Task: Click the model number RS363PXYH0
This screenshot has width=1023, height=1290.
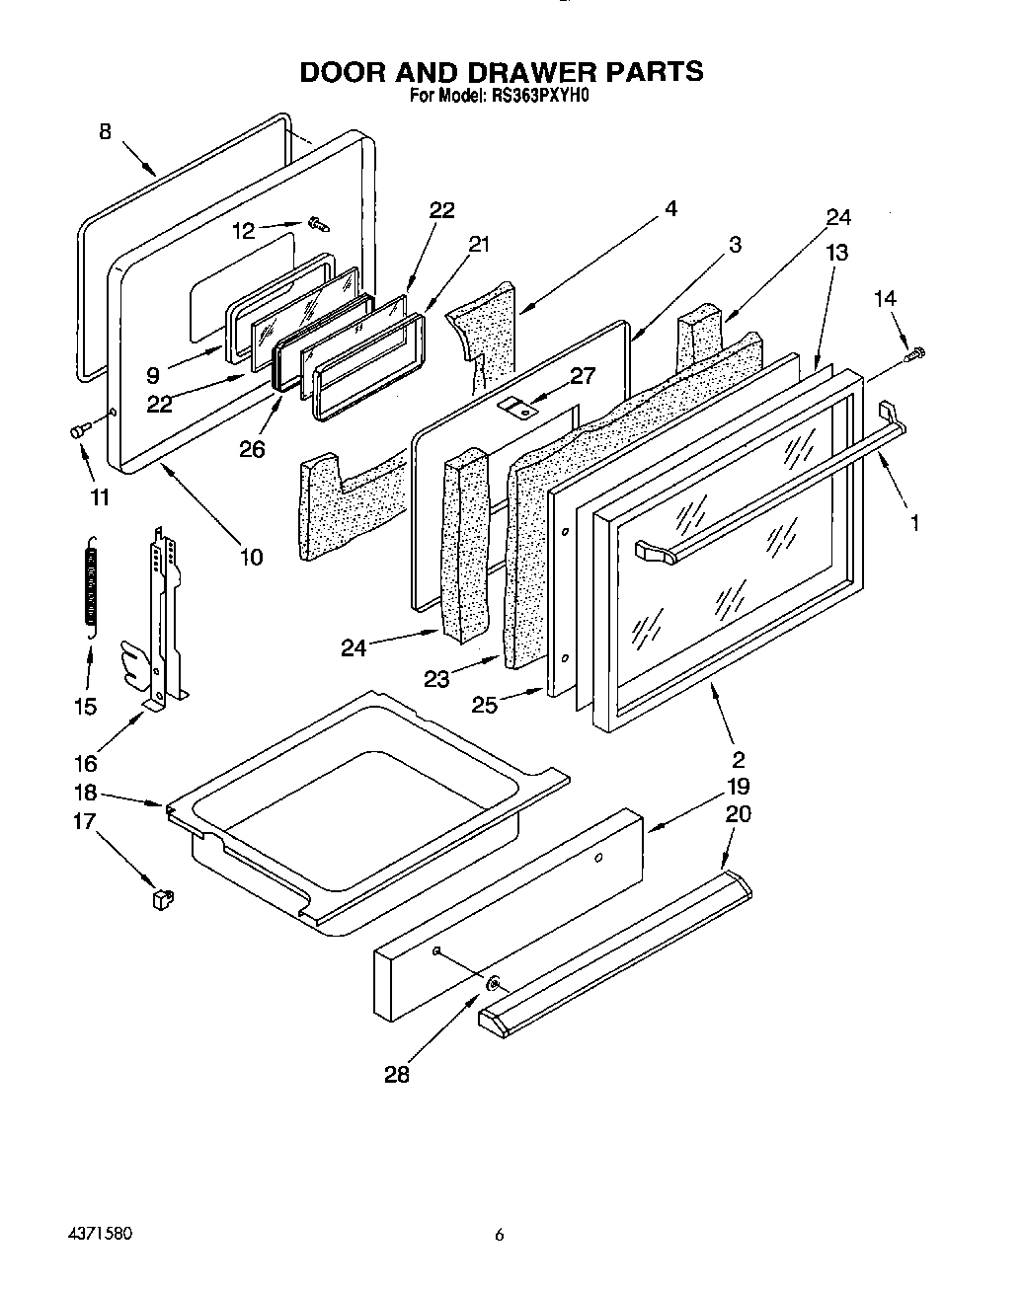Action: (541, 97)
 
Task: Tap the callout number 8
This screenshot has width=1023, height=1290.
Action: (106, 130)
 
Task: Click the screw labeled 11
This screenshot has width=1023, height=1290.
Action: (78, 429)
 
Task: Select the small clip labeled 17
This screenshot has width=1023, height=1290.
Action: (162, 897)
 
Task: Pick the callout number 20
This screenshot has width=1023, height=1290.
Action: (738, 813)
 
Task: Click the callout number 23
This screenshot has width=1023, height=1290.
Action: (436, 678)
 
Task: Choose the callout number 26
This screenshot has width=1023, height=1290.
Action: (252, 449)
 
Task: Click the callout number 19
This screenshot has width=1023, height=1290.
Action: (738, 787)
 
